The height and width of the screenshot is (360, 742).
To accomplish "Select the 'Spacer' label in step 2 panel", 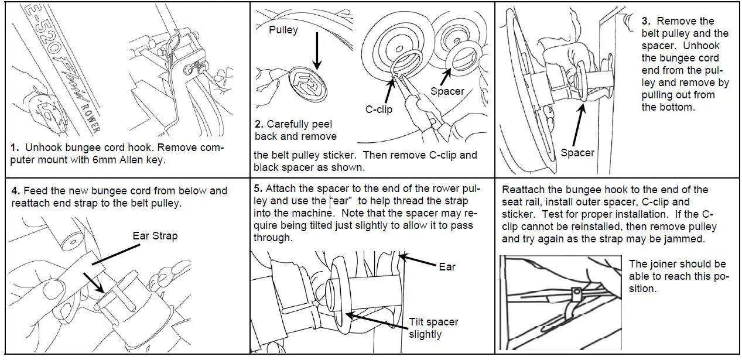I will (447, 91).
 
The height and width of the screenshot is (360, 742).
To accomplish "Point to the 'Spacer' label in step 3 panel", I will (577, 153).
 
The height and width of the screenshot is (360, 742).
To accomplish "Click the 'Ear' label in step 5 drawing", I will (447, 266).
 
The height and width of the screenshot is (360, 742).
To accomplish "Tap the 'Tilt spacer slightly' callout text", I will (433, 328).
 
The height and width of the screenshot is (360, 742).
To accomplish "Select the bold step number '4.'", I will (16, 190).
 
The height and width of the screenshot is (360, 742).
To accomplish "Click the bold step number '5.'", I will (258, 189).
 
